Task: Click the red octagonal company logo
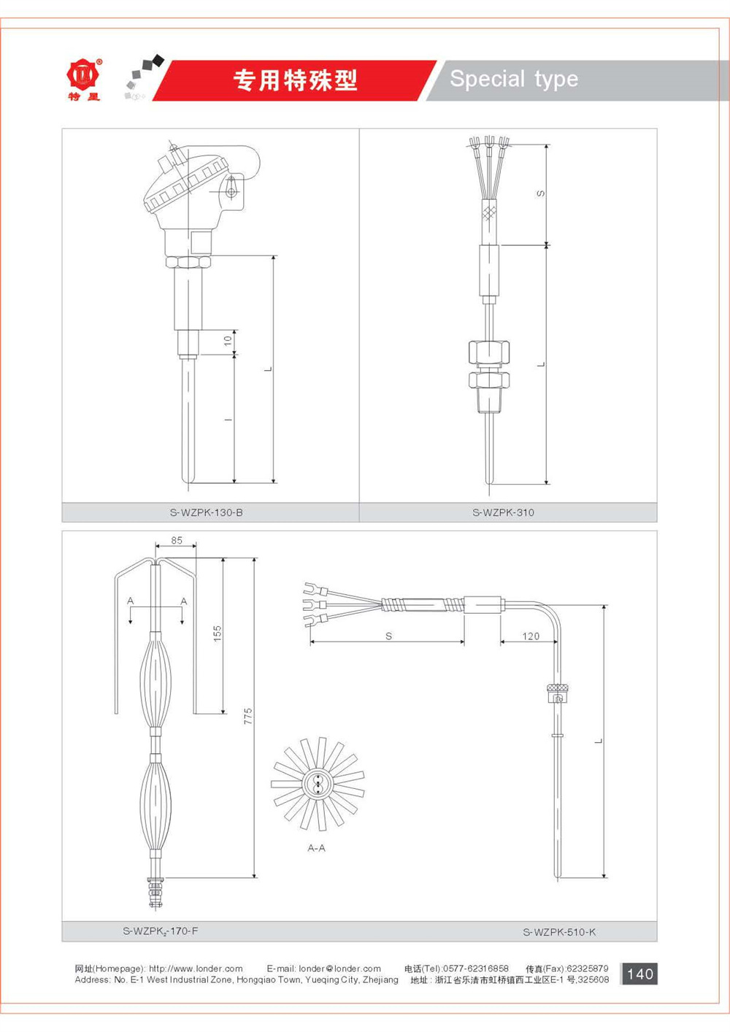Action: pos(83,74)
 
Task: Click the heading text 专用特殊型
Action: pos(295,80)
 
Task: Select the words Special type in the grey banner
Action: pos(514,80)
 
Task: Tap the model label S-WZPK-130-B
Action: pos(206,512)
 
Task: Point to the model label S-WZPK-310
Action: pos(503,512)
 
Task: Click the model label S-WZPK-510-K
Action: pos(559,932)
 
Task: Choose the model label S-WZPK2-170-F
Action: pos(160,931)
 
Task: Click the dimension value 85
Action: pos(177,540)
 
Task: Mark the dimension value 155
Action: pos(218,633)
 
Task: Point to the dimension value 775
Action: pos(248,716)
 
